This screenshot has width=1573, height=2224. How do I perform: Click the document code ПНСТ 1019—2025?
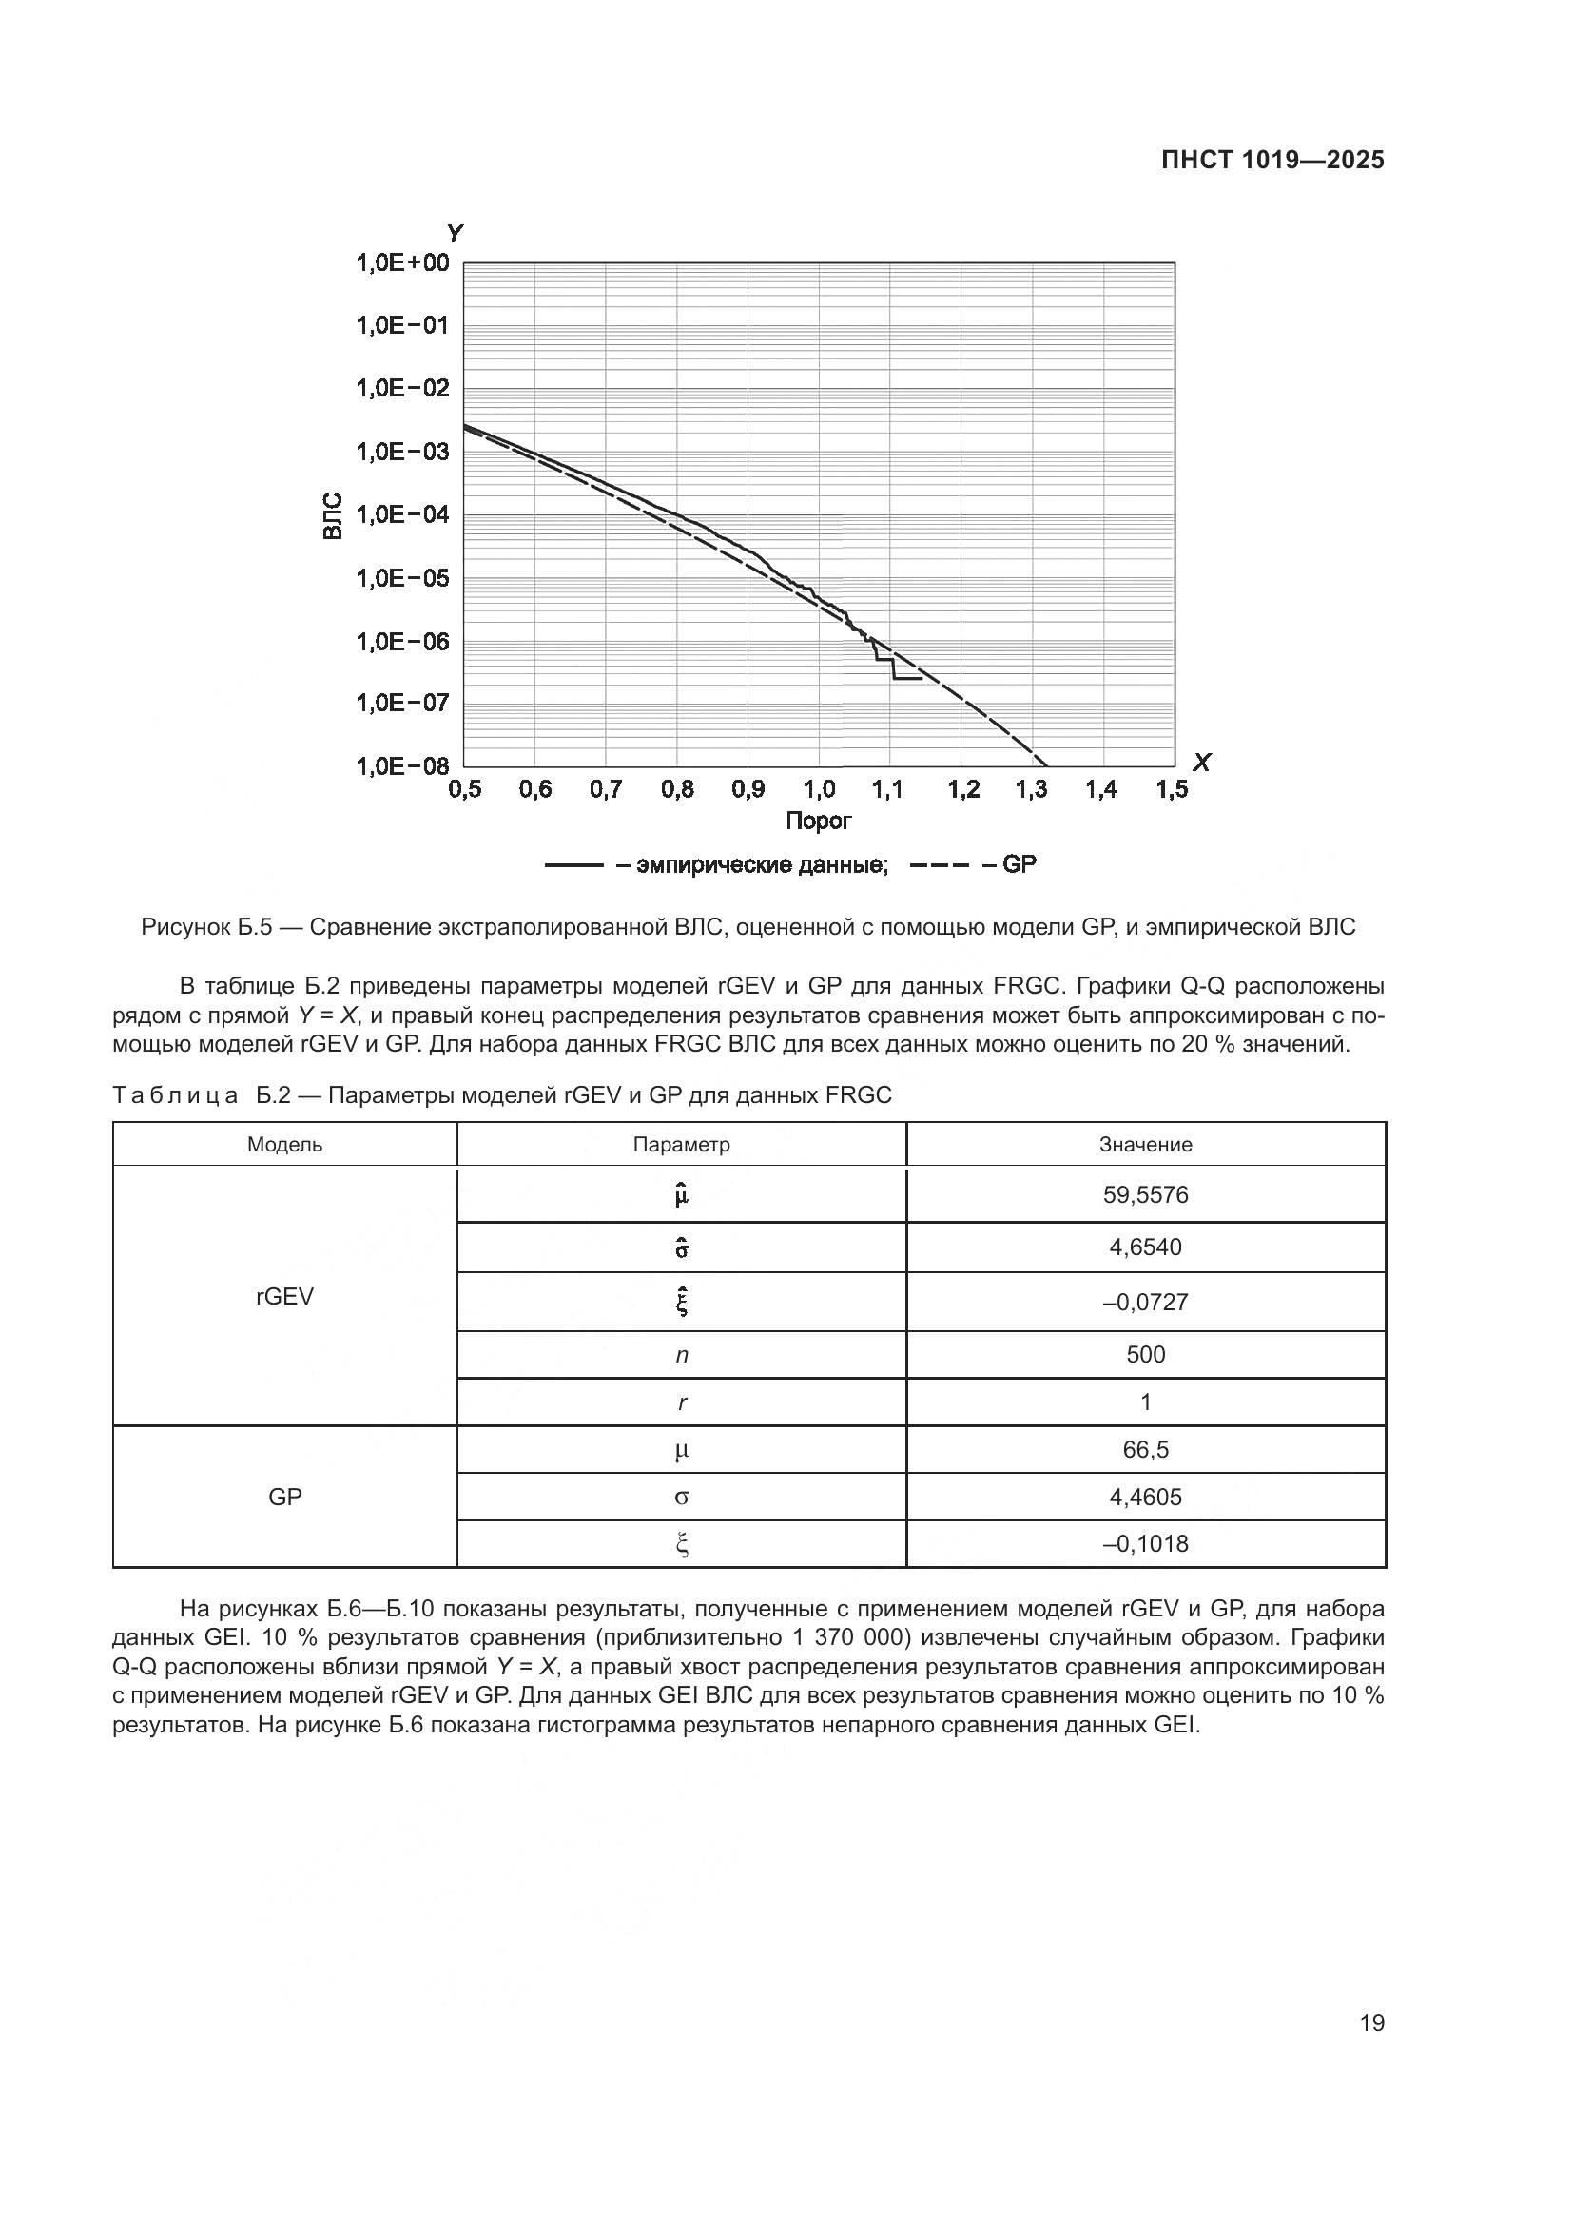1272,160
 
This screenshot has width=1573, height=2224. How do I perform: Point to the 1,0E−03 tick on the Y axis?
403,452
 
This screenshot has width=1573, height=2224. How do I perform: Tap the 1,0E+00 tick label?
403,262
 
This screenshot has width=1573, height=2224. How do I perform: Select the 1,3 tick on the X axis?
1032,789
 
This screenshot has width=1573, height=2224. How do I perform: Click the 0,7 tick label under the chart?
606,789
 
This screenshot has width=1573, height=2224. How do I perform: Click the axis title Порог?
819,822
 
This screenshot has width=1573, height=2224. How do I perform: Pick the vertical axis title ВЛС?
332,515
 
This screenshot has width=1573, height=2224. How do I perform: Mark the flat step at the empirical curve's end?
907,678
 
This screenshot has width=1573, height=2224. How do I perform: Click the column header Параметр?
681,1144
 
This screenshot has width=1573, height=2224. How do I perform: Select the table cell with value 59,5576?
1145,1194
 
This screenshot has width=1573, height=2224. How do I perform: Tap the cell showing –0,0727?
1145,1302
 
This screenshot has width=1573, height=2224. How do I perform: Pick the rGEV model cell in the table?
284,1296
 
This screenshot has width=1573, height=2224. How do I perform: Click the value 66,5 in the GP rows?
1145,1449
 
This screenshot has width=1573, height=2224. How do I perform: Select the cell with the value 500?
1145,1354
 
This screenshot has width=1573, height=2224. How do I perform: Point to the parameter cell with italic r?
681,1402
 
